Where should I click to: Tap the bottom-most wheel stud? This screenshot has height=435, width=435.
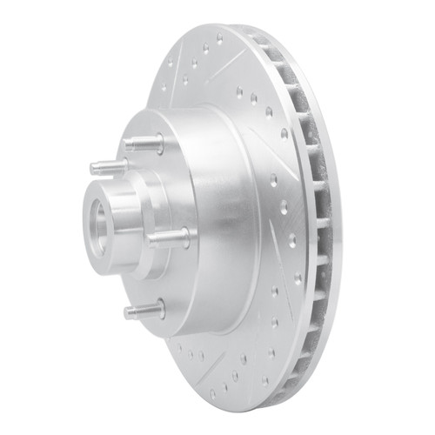coord(144,309)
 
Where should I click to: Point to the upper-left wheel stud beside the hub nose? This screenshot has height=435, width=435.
coord(109,165)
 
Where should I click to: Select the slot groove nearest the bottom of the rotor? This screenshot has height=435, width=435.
coord(209,365)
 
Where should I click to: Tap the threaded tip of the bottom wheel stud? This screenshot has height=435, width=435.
coord(129,311)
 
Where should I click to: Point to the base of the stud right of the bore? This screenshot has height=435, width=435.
coord(184,236)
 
